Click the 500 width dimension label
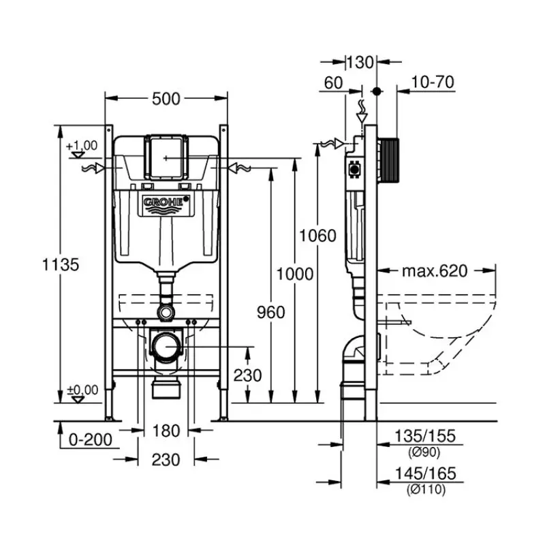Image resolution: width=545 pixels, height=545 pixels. click(x=166, y=99)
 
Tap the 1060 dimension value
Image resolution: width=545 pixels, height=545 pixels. click(x=318, y=236)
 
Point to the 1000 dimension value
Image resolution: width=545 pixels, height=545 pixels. click(x=295, y=274)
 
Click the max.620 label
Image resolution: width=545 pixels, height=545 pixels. click(x=434, y=271)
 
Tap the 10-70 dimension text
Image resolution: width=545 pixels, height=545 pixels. click(x=433, y=82)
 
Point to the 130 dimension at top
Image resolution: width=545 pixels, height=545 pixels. click(x=360, y=63)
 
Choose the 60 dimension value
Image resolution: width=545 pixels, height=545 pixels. click(x=333, y=82)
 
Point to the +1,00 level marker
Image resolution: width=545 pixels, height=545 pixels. click(x=82, y=145)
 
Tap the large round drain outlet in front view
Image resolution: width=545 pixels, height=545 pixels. click(x=166, y=347)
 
